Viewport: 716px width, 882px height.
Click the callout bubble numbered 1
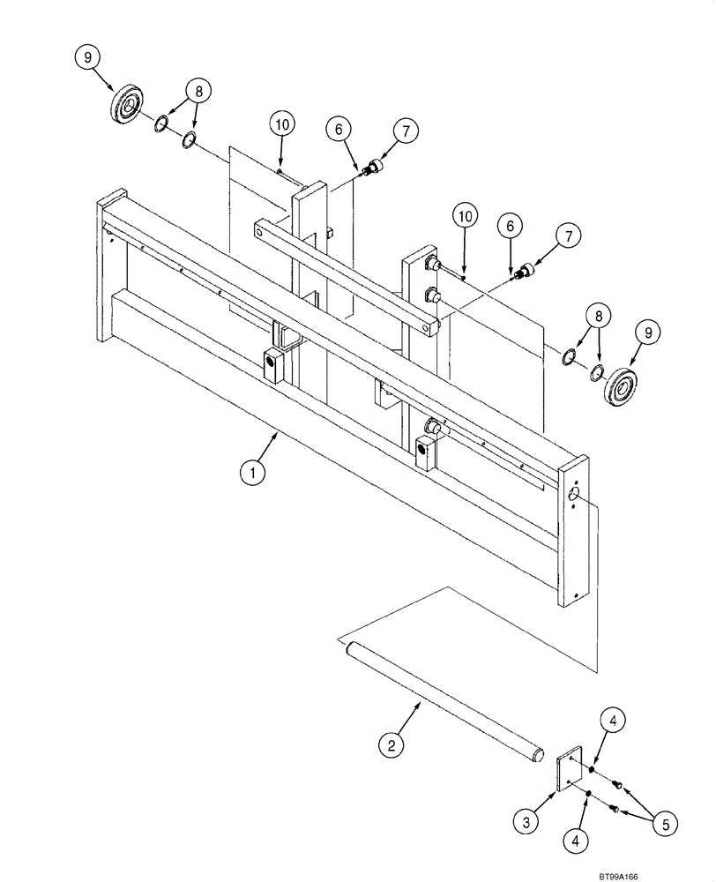(252, 473)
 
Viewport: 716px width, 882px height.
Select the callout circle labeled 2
(390, 745)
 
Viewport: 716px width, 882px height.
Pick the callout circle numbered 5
(667, 825)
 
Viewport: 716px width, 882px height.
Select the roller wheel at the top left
(128, 106)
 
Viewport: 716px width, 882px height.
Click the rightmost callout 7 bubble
(568, 235)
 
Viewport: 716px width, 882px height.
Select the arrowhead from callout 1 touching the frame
(279, 433)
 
